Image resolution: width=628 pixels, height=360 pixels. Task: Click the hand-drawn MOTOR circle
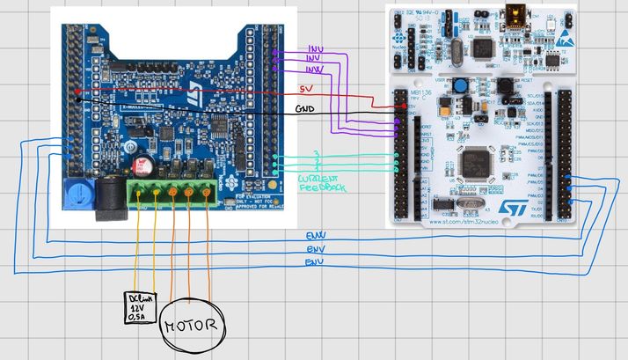(190, 326)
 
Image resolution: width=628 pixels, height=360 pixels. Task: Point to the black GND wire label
(305, 109)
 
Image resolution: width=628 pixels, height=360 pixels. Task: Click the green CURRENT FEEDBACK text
(323, 182)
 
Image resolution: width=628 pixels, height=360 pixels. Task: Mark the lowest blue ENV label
(314, 262)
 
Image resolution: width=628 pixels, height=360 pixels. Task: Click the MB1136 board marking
(419, 91)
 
